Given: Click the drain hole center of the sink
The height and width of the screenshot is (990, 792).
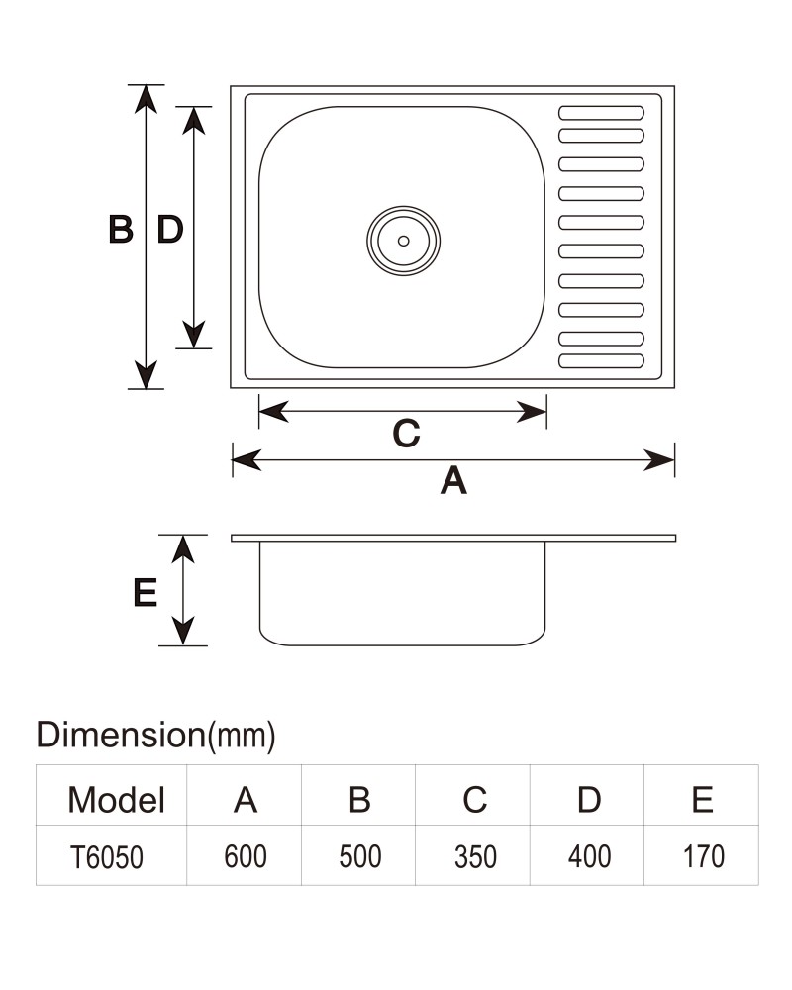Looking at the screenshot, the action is (404, 241).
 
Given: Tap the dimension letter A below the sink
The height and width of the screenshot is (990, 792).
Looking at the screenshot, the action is (453, 480).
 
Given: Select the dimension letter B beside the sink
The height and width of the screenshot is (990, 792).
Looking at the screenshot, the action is (121, 229).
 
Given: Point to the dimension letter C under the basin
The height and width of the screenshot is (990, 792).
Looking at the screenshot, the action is (406, 434).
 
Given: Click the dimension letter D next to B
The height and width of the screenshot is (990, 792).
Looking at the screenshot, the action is (170, 229).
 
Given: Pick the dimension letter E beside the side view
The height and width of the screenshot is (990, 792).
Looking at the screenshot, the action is (146, 593).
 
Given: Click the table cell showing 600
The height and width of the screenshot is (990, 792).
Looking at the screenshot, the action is (246, 856).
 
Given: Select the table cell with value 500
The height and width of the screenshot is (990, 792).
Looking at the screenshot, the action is (360, 856).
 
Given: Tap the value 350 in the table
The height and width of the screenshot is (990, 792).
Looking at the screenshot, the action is (475, 856).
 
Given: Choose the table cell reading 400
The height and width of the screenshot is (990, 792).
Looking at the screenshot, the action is (589, 856).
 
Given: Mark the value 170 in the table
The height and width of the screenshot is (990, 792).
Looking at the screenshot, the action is (704, 856).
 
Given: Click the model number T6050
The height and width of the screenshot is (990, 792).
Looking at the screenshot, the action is (107, 857).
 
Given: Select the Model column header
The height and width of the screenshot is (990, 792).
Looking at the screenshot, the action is (116, 800).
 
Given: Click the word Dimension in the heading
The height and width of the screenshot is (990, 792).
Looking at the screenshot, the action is (121, 735).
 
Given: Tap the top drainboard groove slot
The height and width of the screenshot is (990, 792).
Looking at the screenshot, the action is (601, 113).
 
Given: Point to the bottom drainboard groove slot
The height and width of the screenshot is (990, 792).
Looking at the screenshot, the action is (601, 361).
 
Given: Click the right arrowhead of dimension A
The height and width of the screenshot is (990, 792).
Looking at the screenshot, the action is (658, 460).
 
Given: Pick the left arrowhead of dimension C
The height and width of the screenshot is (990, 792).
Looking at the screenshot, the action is (274, 411).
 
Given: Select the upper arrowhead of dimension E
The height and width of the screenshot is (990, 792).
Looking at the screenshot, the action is (183, 549).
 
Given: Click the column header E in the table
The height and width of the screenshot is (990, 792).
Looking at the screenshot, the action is (702, 800).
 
